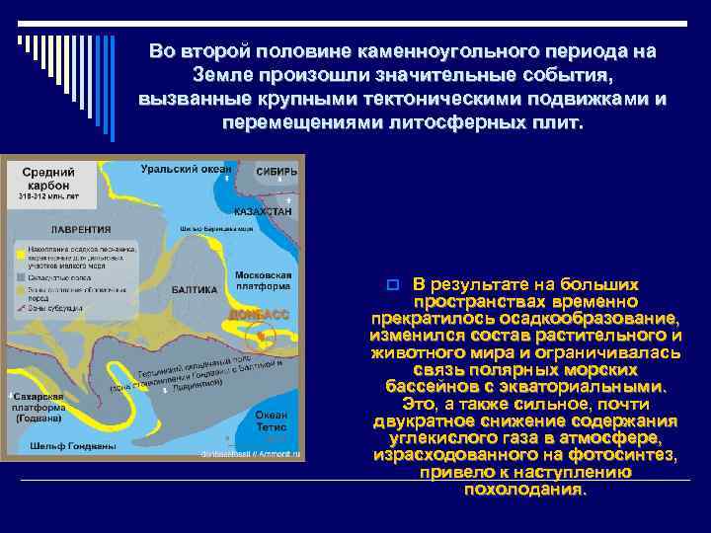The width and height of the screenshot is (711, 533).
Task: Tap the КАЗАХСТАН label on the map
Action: (x=264, y=211)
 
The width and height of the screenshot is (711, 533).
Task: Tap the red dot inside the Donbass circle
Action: (x=261, y=337)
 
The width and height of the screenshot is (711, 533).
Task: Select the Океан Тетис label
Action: (x=271, y=421)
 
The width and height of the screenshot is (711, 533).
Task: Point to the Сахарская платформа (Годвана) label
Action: (x=39, y=407)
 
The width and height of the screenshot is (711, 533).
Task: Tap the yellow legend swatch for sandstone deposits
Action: (x=20, y=254)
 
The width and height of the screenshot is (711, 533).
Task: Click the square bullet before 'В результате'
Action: (x=391, y=284)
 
